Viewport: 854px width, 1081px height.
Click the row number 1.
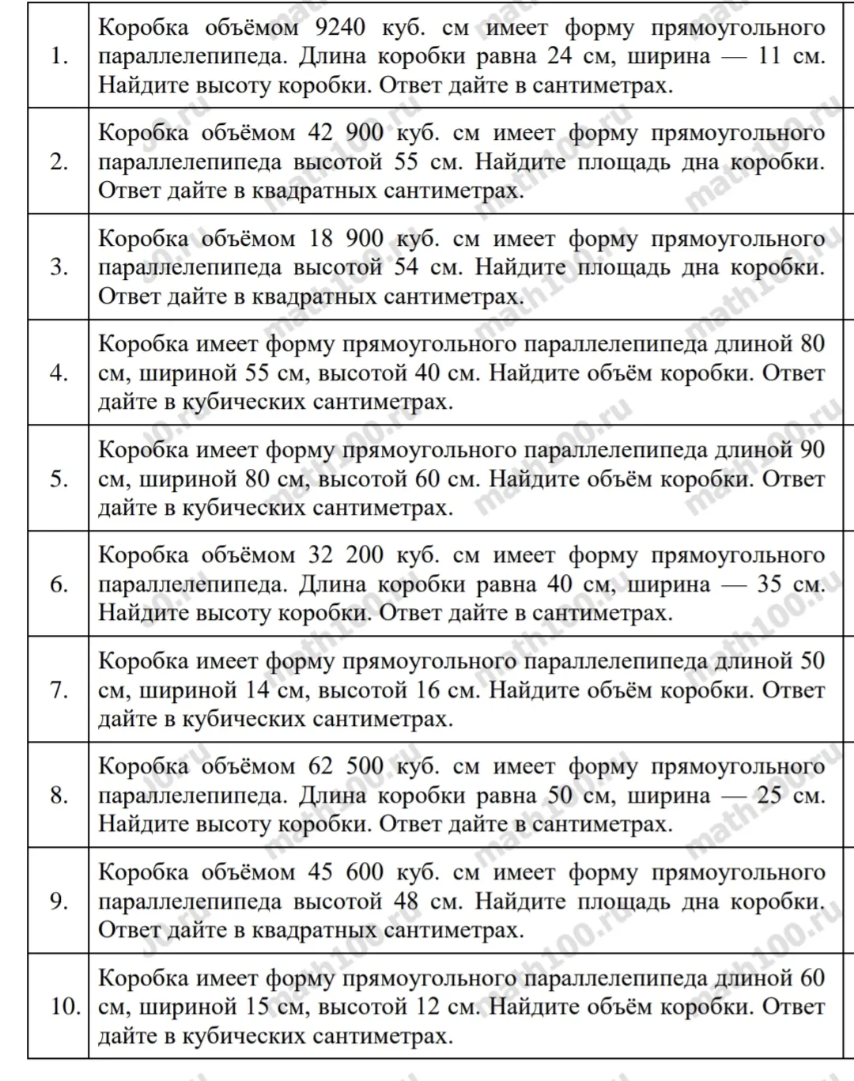(59, 56)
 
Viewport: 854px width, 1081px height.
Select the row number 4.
(59, 372)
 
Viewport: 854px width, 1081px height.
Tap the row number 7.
(59, 690)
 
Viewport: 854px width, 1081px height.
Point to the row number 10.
(66, 1007)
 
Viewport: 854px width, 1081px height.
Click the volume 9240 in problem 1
(340, 28)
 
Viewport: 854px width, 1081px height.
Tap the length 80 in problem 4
(812, 344)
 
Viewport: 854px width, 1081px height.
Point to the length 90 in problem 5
(812, 450)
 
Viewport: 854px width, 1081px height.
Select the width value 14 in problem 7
(258, 690)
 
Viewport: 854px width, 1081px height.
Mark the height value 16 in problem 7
(428, 690)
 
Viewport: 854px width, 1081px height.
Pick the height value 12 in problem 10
(428, 1007)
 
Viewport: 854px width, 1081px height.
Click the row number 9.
(59, 901)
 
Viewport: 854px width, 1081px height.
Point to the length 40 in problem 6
(561, 584)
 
